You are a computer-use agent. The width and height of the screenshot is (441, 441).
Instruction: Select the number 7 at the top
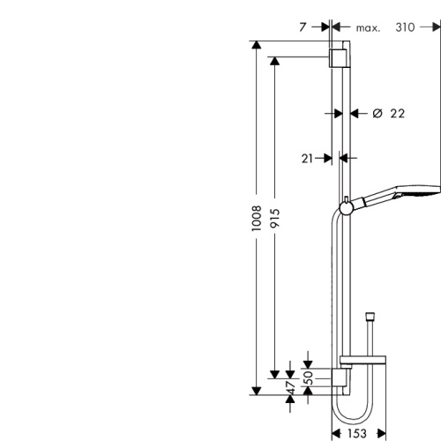(303, 27)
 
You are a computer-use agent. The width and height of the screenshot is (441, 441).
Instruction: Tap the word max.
(368, 28)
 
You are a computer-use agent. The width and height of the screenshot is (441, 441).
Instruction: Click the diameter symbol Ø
(377, 113)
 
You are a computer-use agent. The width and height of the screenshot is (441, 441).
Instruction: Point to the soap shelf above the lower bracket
(366, 361)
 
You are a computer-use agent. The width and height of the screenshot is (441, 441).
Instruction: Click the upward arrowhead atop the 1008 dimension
(256, 45)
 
